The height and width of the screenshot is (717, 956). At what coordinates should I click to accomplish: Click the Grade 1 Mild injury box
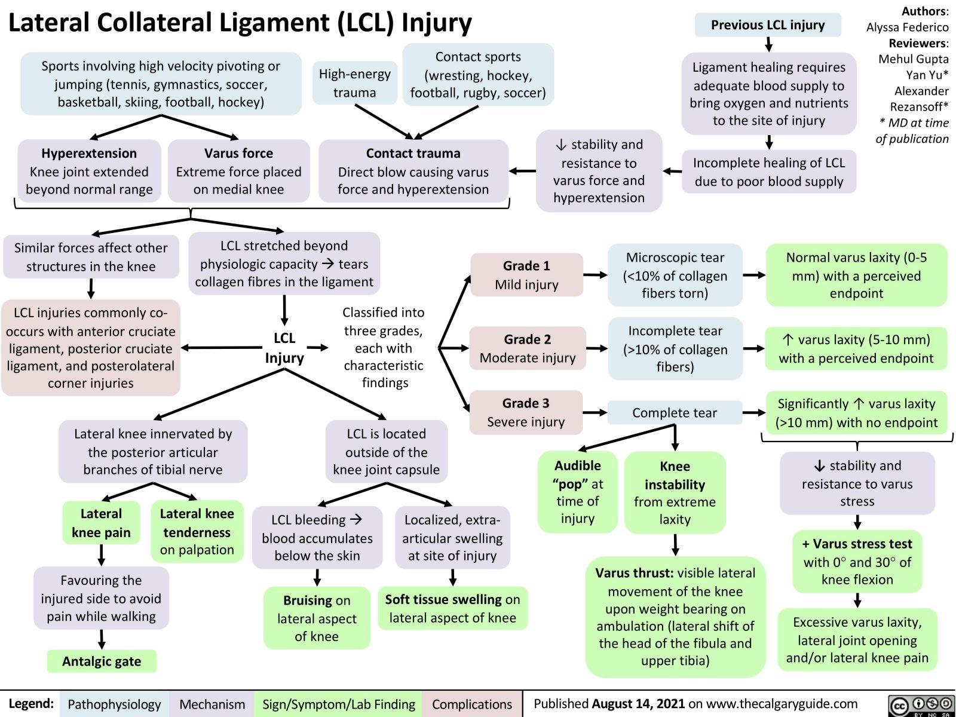(x=526, y=275)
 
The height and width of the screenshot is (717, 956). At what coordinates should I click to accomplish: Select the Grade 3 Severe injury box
(x=526, y=412)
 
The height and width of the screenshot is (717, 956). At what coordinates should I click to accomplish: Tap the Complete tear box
(x=675, y=412)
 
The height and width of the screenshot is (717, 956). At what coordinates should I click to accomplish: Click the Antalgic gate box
(x=102, y=661)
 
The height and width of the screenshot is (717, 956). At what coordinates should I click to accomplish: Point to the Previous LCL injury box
(x=768, y=25)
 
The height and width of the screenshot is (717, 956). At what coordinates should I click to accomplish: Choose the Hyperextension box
(x=89, y=171)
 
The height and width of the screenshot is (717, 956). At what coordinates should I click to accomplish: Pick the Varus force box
(x=238, y=171)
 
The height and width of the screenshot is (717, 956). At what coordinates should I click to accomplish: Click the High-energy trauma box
(x=354, y=83)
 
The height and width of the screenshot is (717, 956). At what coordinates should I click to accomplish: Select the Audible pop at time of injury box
(x=578, y=492)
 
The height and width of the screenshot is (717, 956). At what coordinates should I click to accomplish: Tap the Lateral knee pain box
(x=101, y=523)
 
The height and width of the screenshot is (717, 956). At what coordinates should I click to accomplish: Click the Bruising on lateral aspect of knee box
(x=317, y=618)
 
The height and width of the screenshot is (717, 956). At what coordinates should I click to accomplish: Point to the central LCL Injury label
(x=284, y=348)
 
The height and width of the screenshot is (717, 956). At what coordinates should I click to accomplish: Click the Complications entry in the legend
(x=471, y=704)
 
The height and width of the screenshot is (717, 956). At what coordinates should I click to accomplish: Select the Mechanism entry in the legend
(x=212, y=704)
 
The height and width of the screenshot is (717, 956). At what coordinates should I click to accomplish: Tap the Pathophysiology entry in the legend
(x=114, y=704)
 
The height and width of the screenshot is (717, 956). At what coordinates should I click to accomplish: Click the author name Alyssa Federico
(x=907, y=27)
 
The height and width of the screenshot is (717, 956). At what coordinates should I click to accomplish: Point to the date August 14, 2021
(x=638, y=703)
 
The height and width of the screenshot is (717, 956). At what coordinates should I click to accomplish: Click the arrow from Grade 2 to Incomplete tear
(x=596, y=348)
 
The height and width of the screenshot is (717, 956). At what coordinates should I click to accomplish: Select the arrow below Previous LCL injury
(x=769, y=44)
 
